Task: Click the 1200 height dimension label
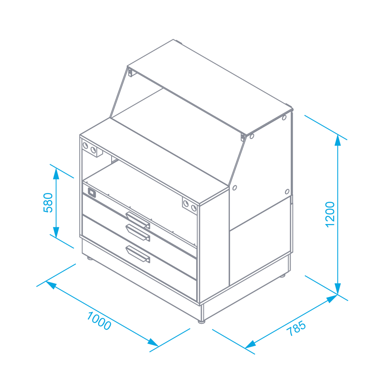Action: [330, 214]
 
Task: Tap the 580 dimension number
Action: [48, 203]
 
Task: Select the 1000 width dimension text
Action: [99, 321]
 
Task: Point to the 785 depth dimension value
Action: [296, 328]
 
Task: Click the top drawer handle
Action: [138, 220]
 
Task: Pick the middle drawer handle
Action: [138, 232]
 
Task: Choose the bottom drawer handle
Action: [138, 254]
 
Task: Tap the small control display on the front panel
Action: [92, 192]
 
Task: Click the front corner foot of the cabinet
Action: [201, 321]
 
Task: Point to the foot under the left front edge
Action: [90, 259]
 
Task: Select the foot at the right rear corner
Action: [282, 275]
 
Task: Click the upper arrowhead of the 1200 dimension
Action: [338, 140]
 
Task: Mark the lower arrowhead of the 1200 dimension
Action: [338, 289]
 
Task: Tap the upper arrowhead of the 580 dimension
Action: [56, 173]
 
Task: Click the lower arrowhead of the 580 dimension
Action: [56, 232]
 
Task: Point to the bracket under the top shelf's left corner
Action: [130, 72]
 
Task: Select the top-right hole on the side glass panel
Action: [284, 117]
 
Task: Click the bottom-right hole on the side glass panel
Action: [287, 192]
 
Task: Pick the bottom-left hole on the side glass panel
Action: [235, 188]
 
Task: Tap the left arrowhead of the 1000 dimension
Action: [51, 285]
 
